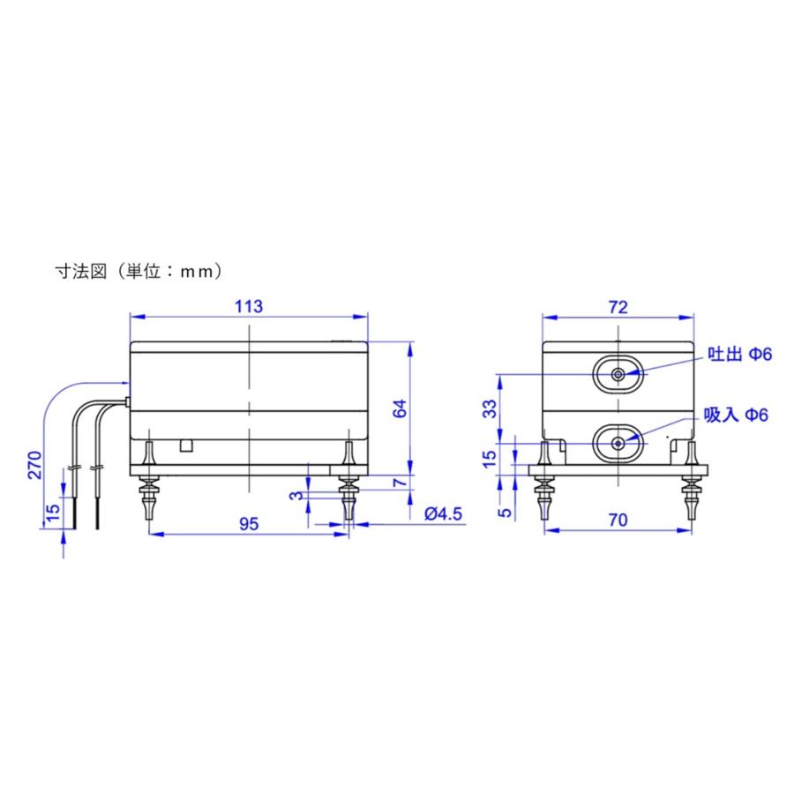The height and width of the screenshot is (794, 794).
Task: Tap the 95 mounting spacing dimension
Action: click(249, 523)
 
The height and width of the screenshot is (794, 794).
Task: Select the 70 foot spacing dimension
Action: click(618, 521)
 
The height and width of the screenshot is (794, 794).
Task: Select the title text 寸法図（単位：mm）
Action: click(138, 271)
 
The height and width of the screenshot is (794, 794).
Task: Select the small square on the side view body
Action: click(185, 445)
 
